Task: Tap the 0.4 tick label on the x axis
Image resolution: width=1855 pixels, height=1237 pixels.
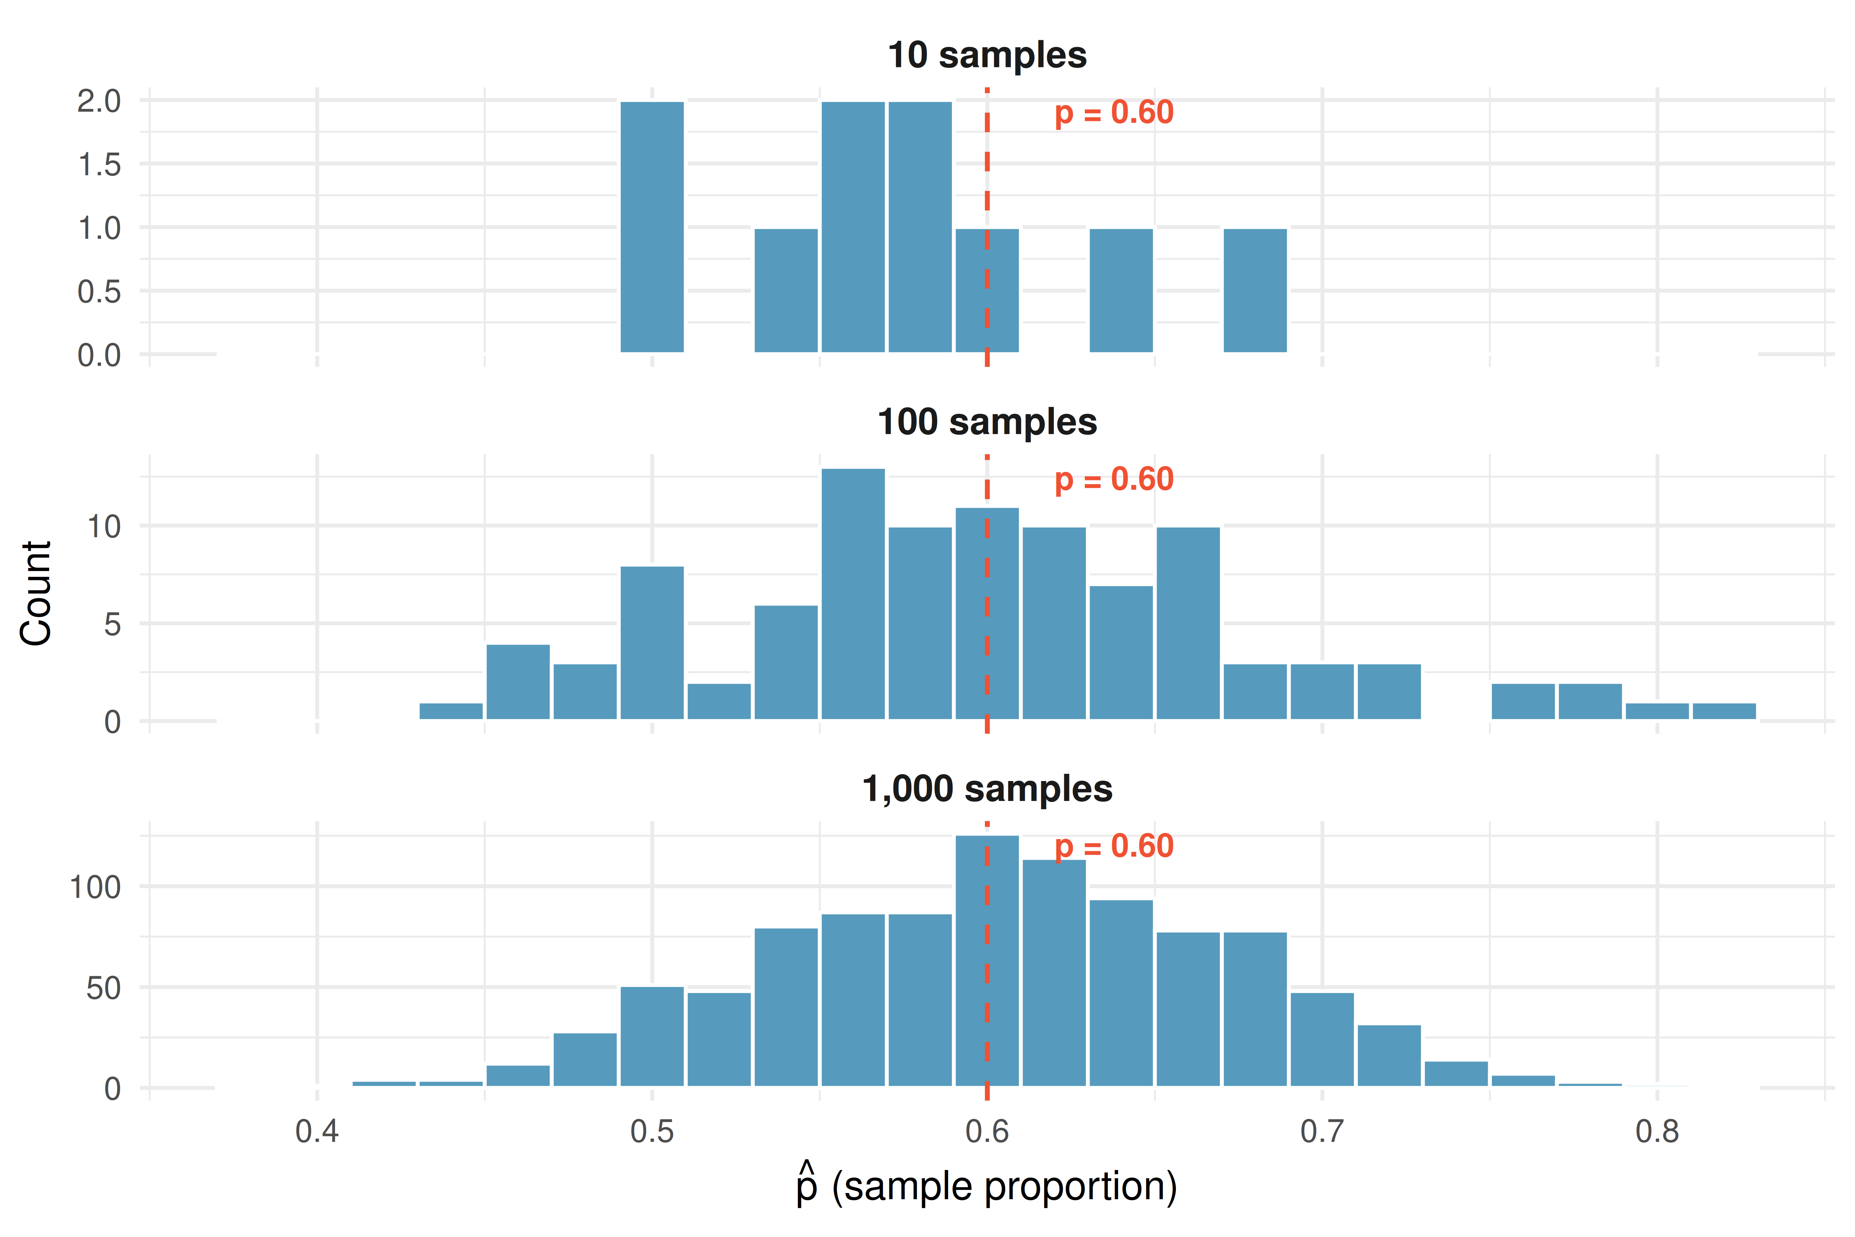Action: point(317,1131)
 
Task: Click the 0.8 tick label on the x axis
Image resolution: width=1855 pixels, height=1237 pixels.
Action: point(1657,1131)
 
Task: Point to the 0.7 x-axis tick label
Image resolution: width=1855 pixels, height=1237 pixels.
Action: point(1322,1131)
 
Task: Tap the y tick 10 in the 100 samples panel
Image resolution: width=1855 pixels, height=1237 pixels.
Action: point(104,526)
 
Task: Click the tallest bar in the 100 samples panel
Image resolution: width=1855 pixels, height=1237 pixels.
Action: point(853,594)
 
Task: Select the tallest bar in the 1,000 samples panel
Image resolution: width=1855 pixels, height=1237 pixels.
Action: point(987,961)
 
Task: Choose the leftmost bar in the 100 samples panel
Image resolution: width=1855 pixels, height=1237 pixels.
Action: point(451,711)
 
